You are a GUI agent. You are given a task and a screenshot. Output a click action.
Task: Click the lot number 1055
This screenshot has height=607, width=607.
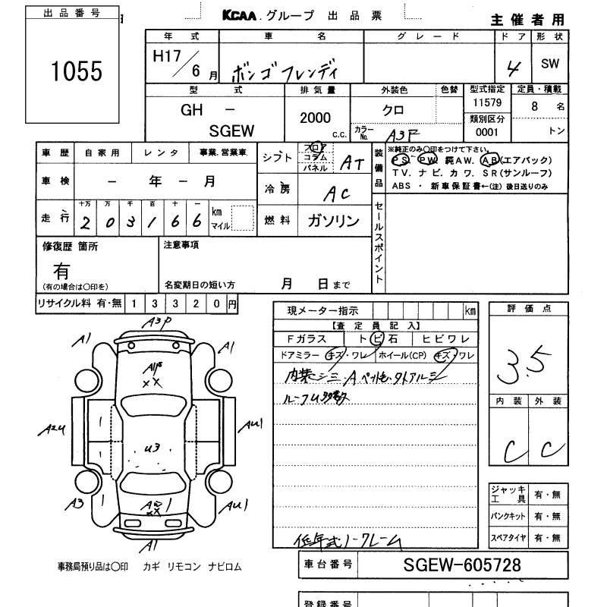tap(76, 71)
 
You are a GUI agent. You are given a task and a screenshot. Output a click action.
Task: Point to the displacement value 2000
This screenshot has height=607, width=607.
tap(316, 118)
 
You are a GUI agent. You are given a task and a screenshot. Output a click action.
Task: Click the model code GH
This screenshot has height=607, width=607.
tap(191, 109)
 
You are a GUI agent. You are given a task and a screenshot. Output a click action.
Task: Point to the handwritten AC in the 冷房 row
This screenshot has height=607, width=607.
tap(334, 193)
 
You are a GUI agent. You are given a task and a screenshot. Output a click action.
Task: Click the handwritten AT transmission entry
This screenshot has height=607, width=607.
tap(352, 162)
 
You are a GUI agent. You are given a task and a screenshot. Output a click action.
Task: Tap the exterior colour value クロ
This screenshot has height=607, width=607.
tap(392, 110)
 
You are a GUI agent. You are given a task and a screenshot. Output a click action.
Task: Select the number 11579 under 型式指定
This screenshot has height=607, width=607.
tap(486, 102)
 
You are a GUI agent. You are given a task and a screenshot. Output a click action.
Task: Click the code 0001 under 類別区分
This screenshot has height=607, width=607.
tap(486, 131)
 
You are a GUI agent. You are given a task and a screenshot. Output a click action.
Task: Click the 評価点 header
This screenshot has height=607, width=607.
tap(529, 309)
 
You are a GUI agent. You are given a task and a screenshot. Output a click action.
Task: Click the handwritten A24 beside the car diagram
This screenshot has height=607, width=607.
tap(52, 429)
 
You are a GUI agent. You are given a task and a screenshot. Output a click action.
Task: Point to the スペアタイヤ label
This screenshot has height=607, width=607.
tap(508, 538)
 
